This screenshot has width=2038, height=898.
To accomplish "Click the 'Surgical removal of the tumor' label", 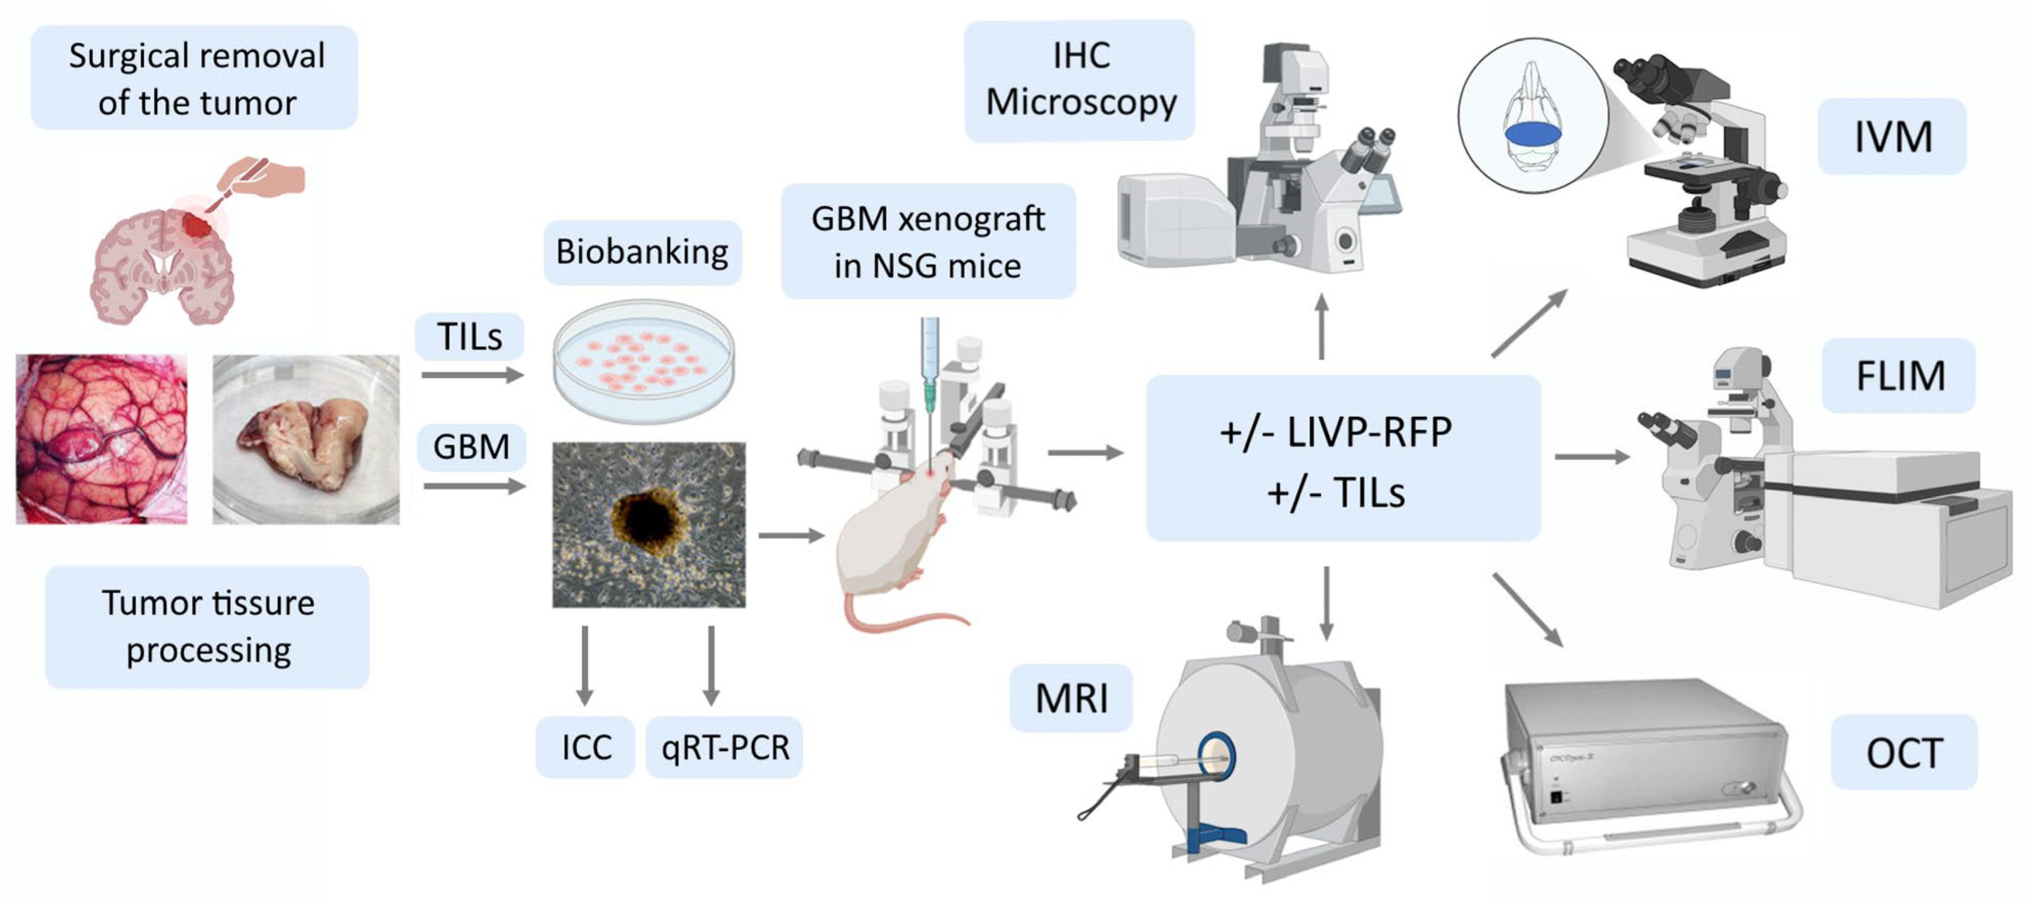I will point(195,78).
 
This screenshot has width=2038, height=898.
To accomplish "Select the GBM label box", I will point(472,447).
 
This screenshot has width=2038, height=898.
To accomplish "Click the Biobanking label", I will point(642,252).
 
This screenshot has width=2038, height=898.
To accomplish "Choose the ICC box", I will point(586,747).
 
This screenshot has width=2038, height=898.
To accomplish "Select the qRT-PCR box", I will point(725,747).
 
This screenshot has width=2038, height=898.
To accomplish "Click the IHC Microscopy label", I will point(1080,80).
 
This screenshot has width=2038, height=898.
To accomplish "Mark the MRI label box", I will point(1071,698).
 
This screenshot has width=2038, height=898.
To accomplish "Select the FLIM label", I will point(1899,376).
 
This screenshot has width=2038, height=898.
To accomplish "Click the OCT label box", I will point(1903,752).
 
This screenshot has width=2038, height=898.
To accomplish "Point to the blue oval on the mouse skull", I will point(1532,135).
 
